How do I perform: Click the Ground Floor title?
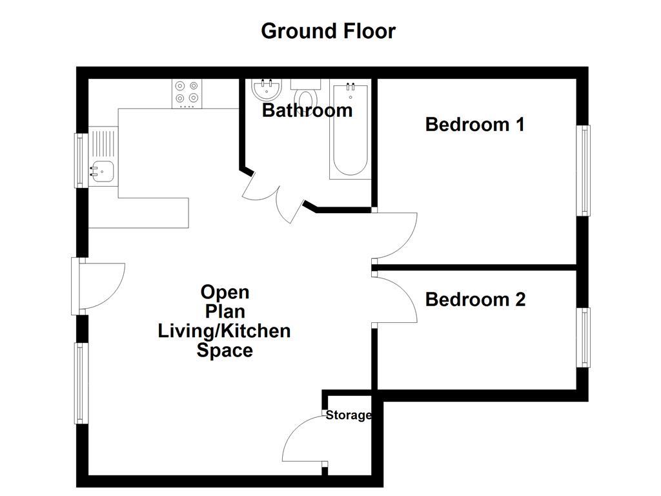point(328,30)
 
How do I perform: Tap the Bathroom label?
point(307,110)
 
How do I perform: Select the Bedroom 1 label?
point(474,124)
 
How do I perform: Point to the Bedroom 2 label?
point(475,300)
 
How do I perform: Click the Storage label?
point(348,415)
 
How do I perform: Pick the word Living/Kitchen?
point(224,331)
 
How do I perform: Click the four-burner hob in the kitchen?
point(187,93)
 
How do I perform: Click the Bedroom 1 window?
point(584,170)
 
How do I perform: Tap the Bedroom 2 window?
point(584,338)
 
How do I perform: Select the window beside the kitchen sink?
point(81,160)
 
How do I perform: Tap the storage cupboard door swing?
point(303,440)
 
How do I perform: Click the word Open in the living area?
point(225,293)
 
